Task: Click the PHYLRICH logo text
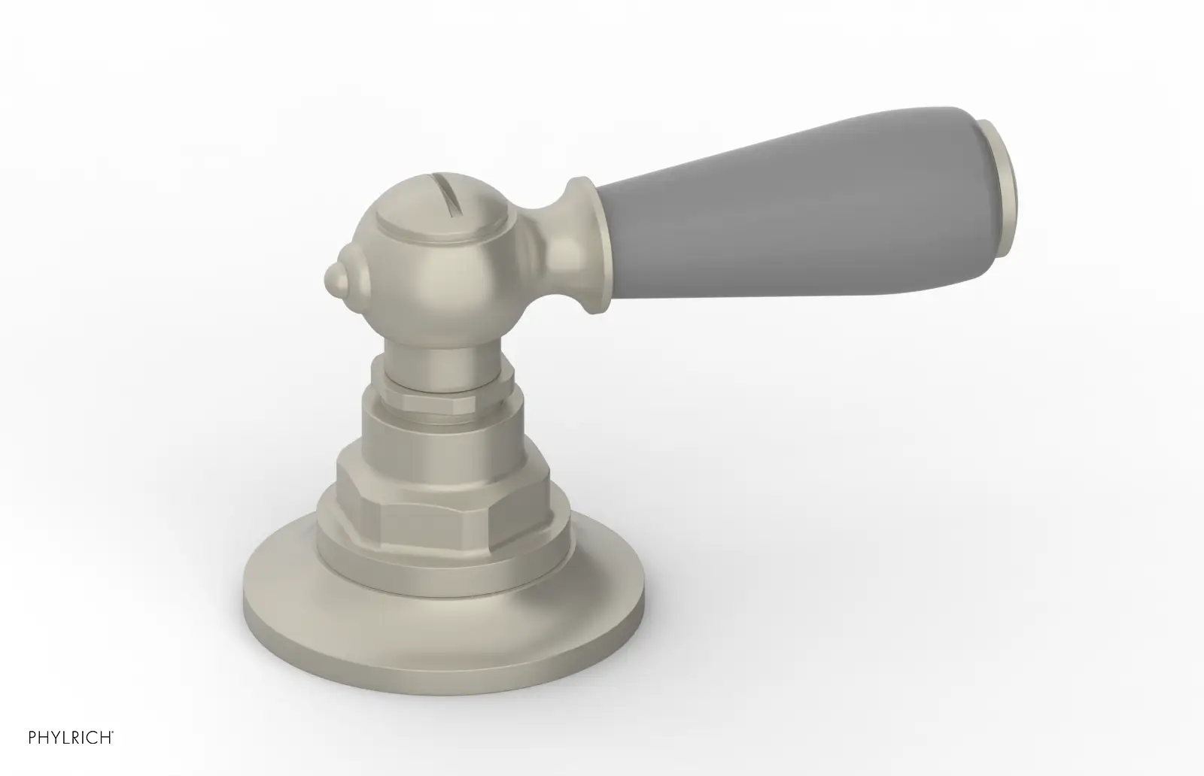70,738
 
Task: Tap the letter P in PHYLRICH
32,738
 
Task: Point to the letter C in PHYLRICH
91,738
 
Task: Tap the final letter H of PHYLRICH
105,738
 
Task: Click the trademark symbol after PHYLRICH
112,732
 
